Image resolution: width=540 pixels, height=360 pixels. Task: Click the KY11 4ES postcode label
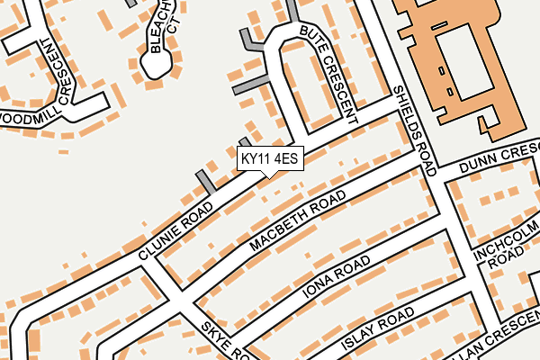coord(270,159)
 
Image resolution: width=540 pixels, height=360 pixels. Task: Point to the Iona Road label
coord(337,275)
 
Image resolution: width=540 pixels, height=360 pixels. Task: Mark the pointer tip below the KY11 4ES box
coord(270,176)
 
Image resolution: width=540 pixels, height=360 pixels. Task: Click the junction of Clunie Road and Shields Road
coord(400,106)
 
